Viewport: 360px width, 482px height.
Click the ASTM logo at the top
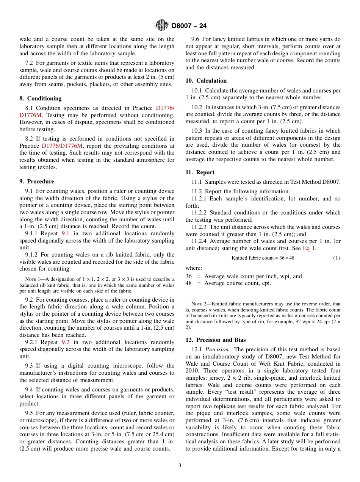click(162, 26)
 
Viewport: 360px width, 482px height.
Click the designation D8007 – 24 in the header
click(189, 26)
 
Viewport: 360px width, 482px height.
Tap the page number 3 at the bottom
click(180, 465)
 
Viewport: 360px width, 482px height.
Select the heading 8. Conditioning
click(41, 98)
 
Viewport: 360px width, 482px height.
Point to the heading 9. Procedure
click(37, 182)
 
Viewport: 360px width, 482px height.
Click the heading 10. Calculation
click(206, 81)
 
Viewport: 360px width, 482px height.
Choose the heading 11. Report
click(200, 172)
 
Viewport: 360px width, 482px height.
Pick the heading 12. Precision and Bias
click(216, 340)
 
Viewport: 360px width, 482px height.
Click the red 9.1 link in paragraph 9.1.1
click(66, 233)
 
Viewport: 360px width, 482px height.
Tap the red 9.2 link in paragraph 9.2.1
click(66, 342)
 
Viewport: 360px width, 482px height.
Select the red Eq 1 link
click(309, 248)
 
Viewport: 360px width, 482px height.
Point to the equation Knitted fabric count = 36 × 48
click(263, 258)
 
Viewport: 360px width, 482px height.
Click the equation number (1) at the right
click(337, 258)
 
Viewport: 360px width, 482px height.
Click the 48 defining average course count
click(189, 283)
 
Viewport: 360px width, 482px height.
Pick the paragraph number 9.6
click(196, 39)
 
